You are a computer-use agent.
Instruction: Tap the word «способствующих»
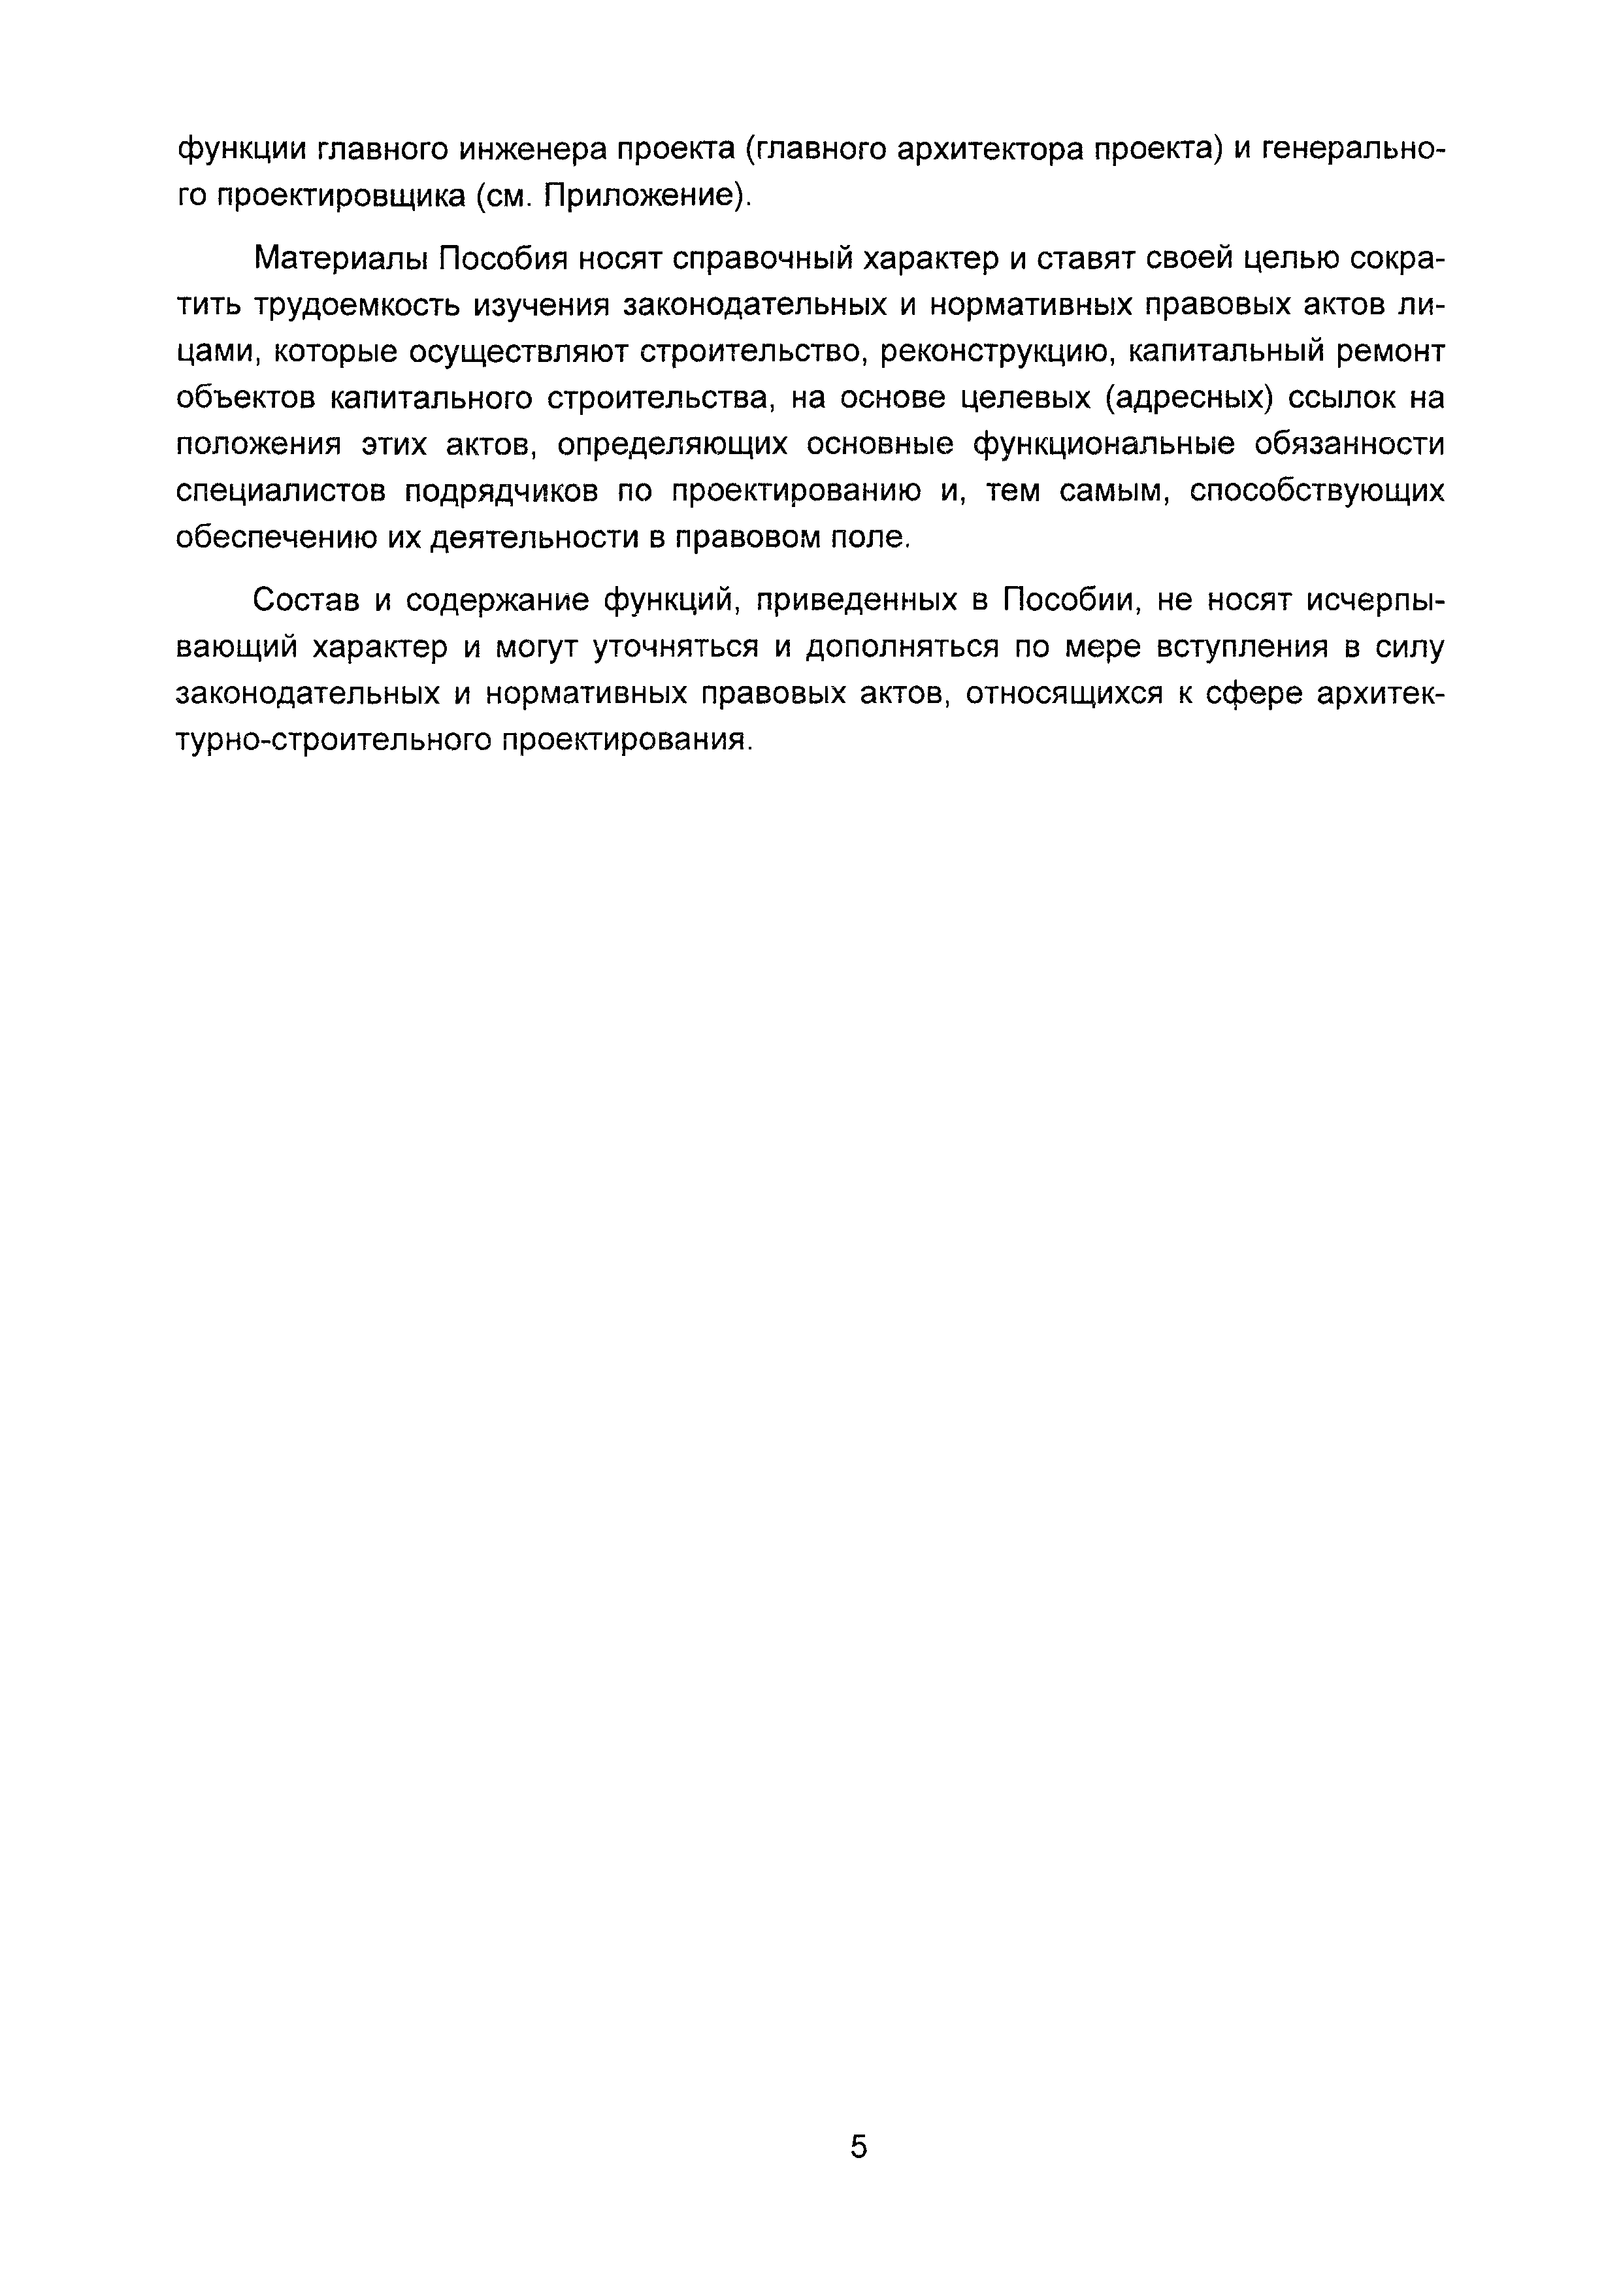tap(1317, 492)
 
